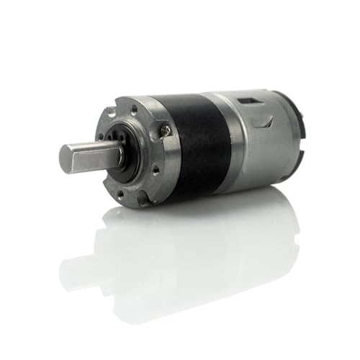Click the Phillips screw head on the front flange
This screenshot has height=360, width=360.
(166, 130)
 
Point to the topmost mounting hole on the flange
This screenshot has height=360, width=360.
(134, 108)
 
